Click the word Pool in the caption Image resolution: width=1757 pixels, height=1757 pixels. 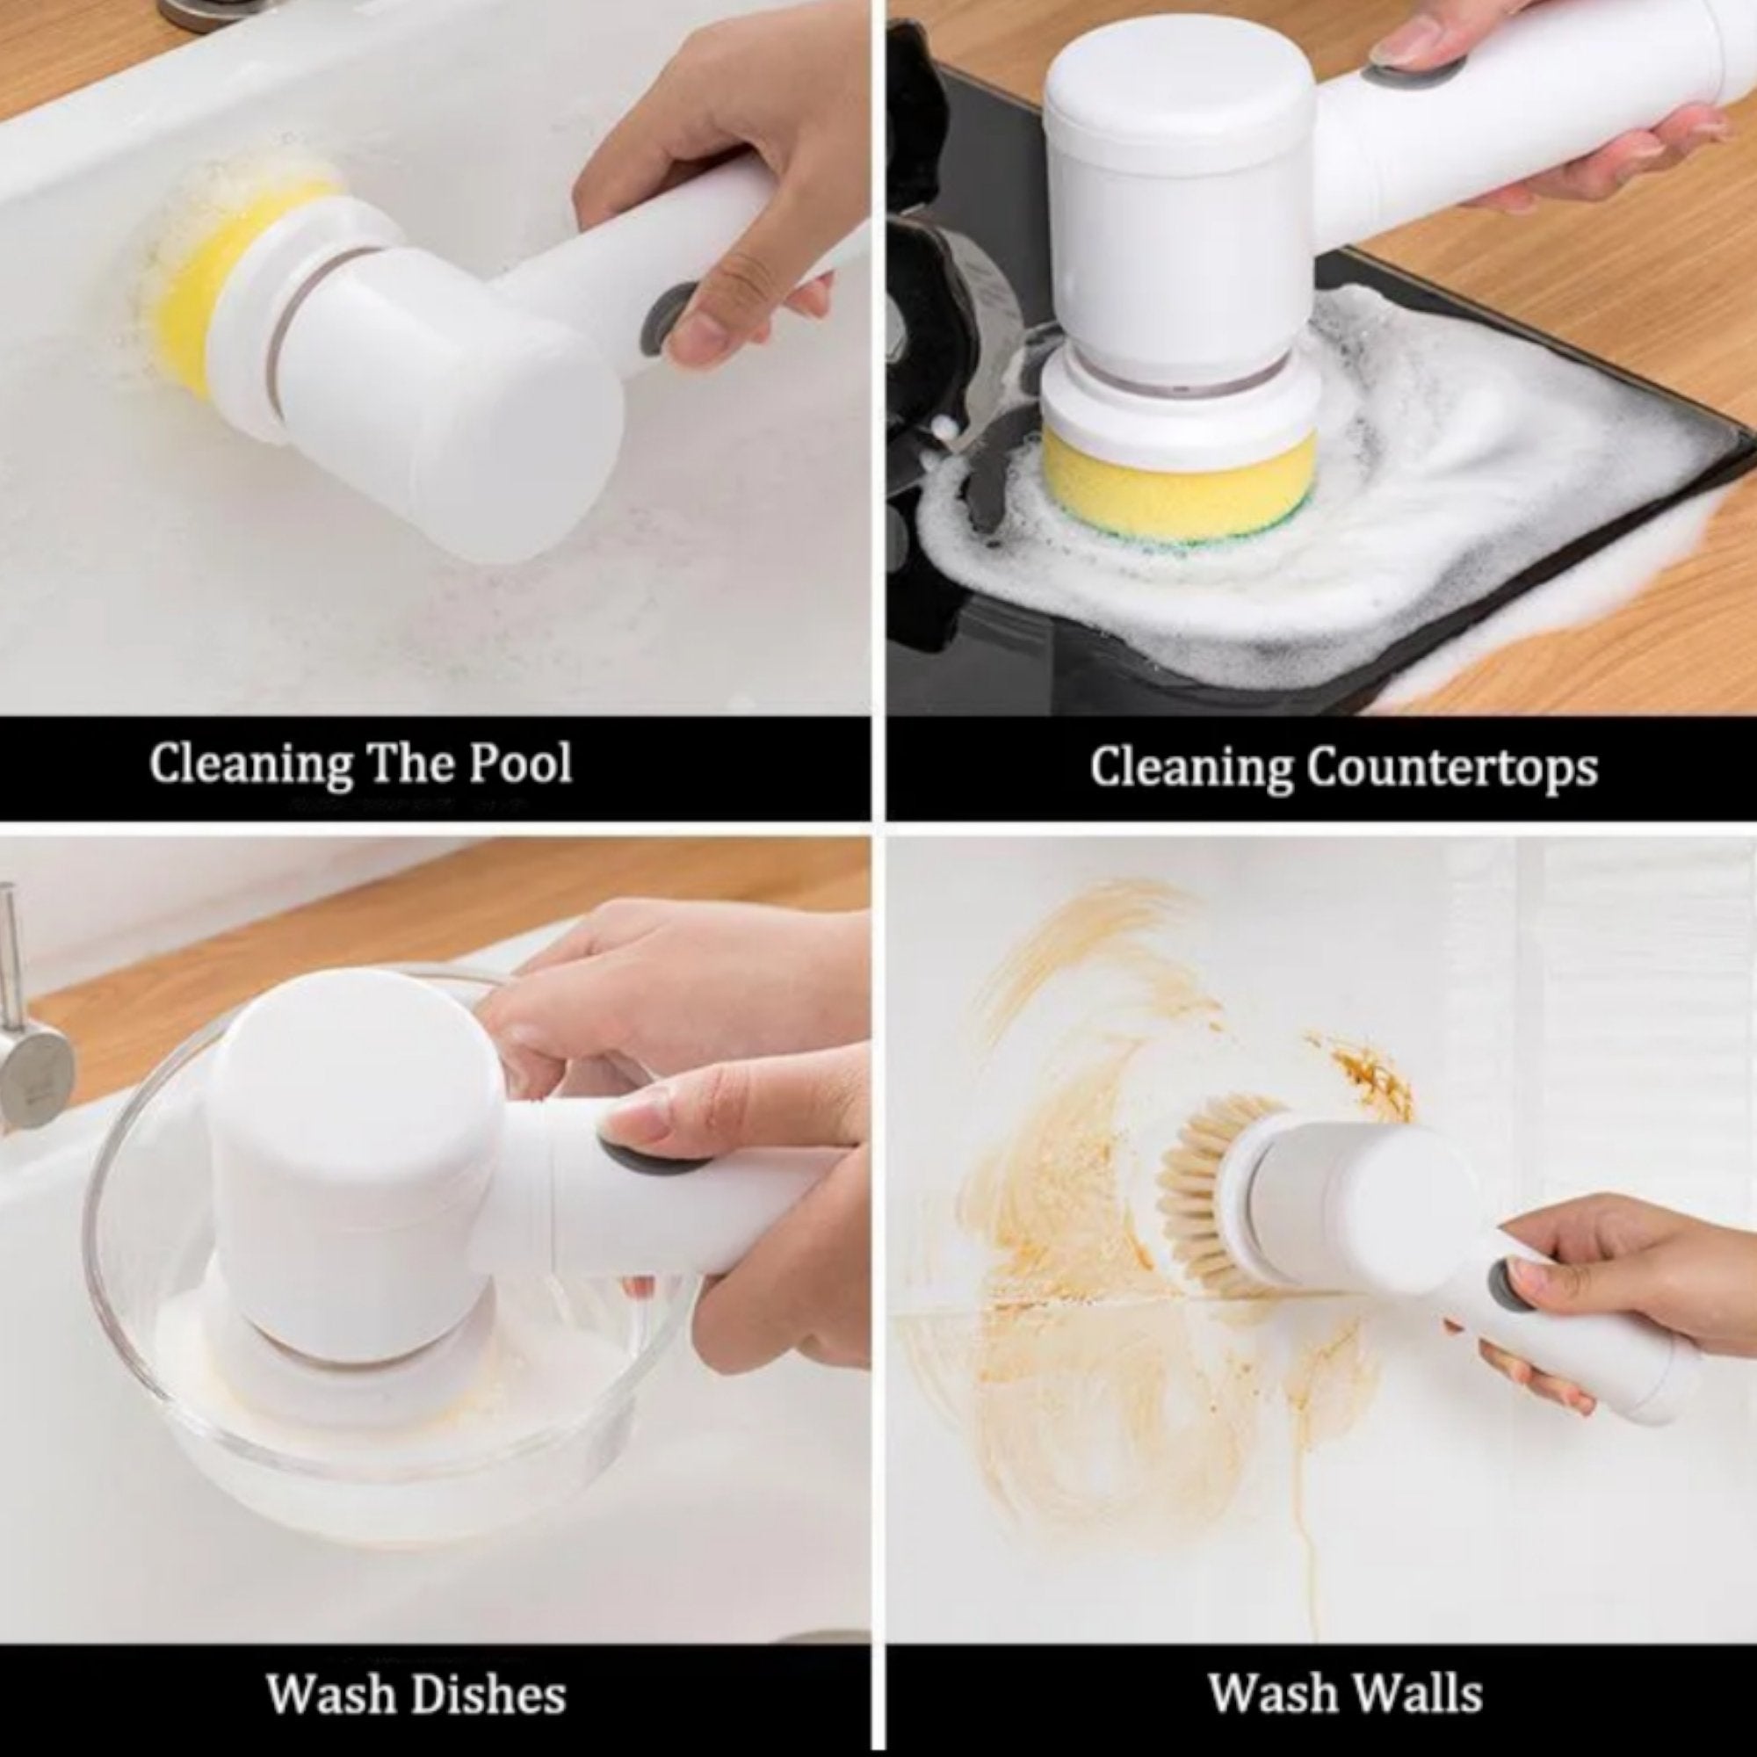coord(520,763)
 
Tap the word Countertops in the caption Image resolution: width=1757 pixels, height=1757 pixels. coord(1451,770)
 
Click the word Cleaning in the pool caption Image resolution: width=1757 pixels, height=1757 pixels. coord(249,765)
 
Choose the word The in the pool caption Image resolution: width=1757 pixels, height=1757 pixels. coord(409,763)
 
